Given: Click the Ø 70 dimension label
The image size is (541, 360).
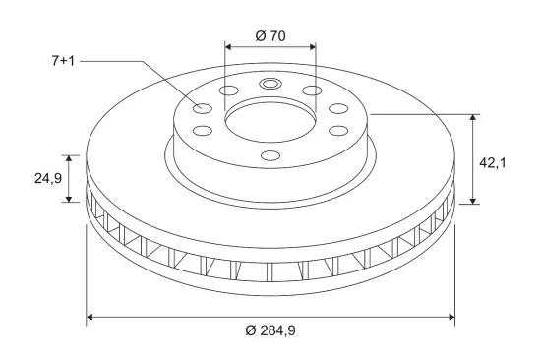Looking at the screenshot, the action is click(270, 35).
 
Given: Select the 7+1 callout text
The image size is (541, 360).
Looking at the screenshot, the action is click(63, 61).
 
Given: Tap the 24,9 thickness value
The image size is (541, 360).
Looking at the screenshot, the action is click(48, 178).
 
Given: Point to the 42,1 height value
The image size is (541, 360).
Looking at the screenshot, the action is click(493, 163).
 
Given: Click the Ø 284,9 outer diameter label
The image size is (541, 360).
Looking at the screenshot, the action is click(270, 330).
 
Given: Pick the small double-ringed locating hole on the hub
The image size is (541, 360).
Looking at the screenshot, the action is click(270, 84).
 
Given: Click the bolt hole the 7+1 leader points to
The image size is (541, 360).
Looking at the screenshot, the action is click(202, 108).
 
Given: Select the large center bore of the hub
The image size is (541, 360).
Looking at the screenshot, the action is click(270, 122).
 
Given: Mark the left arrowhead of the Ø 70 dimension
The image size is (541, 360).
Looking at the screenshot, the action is click(228, 47).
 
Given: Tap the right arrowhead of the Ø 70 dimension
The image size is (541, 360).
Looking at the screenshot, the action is click(313, 47).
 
